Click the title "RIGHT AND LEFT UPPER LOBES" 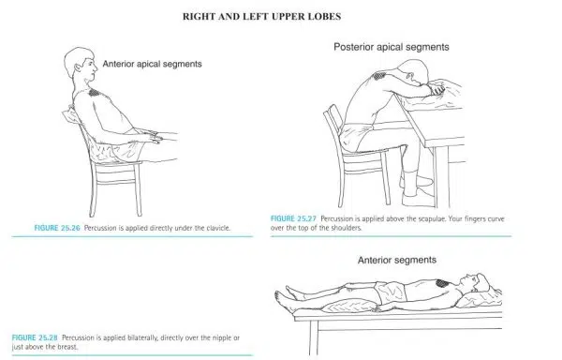261,17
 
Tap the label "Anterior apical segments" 152,64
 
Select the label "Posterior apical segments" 391,47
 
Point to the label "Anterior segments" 397,260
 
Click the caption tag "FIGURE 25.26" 57,228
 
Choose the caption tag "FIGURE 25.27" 293,218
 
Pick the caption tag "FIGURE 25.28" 35,337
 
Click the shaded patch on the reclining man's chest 94,93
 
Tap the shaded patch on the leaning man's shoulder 379,76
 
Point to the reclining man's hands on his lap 153,137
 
